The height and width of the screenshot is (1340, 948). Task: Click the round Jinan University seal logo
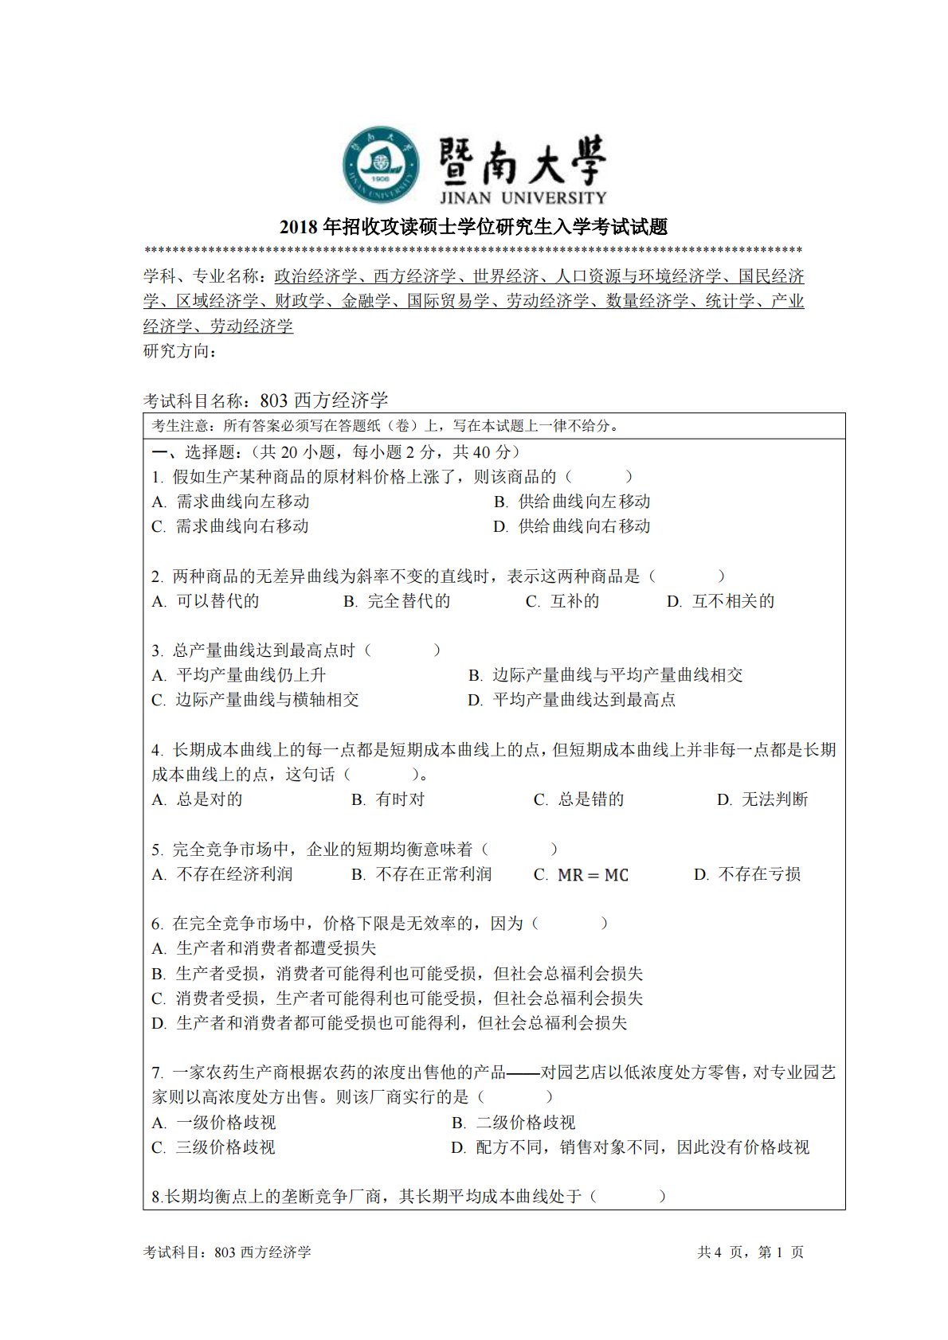pos(382,164)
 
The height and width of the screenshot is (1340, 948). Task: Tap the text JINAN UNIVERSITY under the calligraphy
pos(523,197)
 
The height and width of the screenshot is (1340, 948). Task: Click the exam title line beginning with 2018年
pos(473,227)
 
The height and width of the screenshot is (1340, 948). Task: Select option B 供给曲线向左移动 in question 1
pos(572,502)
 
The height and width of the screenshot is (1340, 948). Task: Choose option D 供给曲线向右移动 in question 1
pos(572,526)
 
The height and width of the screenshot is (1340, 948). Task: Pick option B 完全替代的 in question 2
pos(397,601)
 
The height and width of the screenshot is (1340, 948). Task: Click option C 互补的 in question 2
pos(562,601)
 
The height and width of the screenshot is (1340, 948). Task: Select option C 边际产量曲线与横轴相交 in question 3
pos(256,700)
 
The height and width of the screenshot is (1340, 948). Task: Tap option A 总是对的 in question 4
pos(198,799)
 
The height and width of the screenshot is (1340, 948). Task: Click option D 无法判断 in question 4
pos(762,799)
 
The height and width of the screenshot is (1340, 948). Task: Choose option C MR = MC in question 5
pos(581,874)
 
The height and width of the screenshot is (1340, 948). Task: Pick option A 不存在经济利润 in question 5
pos(222,874)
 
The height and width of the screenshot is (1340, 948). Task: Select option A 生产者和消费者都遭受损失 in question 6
pos(264,948)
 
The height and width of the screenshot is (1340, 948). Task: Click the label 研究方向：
pos(180,351)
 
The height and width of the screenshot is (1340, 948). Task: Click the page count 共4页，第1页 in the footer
pos(750,1252)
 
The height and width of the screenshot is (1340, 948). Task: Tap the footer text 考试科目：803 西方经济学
pos(227,1252)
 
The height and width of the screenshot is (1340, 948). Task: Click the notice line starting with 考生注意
pos(386,426)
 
